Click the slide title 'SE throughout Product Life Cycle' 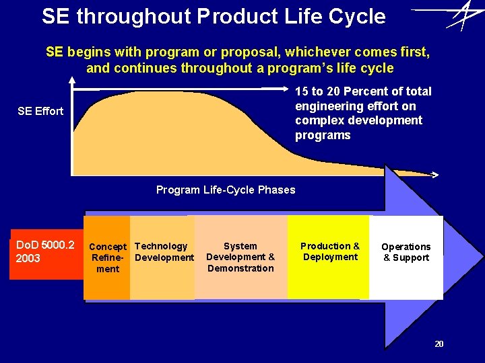click(214, 16)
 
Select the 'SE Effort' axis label click(40, 111)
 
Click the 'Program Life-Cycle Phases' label click(226, 190)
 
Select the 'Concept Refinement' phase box click(106, 257)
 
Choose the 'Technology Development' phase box click(162, 257)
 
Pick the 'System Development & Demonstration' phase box click(240, 257)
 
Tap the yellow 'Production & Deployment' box click(329, 257)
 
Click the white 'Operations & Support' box click(406, 257)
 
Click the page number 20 click(439, 344)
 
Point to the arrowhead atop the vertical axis click(71, 81)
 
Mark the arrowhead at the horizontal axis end click(435, 175)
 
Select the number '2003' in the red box click(28, 259)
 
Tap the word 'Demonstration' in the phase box click(240, 268)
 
